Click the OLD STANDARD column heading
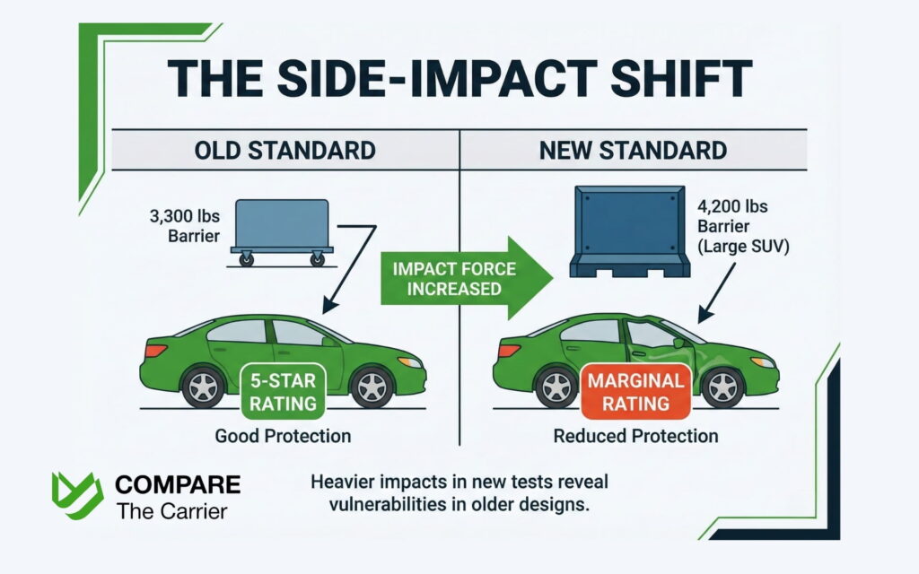tap(285, 149)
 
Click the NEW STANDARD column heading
tap(633, 149)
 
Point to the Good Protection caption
tap(283, 437)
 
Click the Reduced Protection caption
tap(635, 437)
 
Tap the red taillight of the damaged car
tap(505, 352)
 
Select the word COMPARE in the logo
tap(177, 485)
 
